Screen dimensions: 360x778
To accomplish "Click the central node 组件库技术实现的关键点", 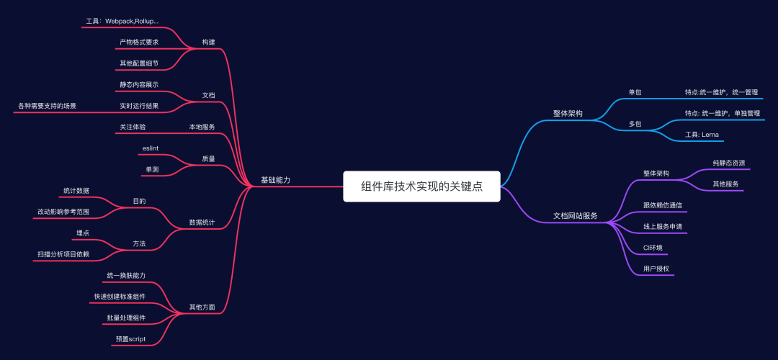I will [x=421, y=186].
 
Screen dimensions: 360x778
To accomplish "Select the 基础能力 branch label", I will [x=275, y=179].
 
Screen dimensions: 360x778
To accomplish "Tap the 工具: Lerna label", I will [x=701, y=135].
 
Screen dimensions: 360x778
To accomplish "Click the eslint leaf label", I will [x=151, y=148].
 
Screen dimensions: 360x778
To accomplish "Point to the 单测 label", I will [x=152, y=169].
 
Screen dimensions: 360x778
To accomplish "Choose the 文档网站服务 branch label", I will [x=575, y=215].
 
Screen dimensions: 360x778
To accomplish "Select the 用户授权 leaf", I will [x=656, y=269].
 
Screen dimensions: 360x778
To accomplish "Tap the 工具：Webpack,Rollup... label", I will [x=122, y=22].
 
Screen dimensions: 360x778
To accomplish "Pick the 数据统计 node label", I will [x=202, y=222].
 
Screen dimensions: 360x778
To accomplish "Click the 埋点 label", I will [x=83, y=233].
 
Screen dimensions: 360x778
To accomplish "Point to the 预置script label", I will [x=130, y=338].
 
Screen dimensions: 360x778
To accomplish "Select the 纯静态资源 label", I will [x=728, y=163].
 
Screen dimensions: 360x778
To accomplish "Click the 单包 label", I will [x=635, y=92].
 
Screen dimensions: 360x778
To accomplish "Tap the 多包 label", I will [x=635, y=124].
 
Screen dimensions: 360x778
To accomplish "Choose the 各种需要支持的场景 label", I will [x=47, y=106].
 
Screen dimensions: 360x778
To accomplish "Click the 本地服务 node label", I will [x=202, y=127].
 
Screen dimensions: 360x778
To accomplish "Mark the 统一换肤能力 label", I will [x=126, y=276].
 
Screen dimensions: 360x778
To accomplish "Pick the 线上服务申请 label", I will [x=663, y=226].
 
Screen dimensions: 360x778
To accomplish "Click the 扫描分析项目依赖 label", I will [x=63, y=253].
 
